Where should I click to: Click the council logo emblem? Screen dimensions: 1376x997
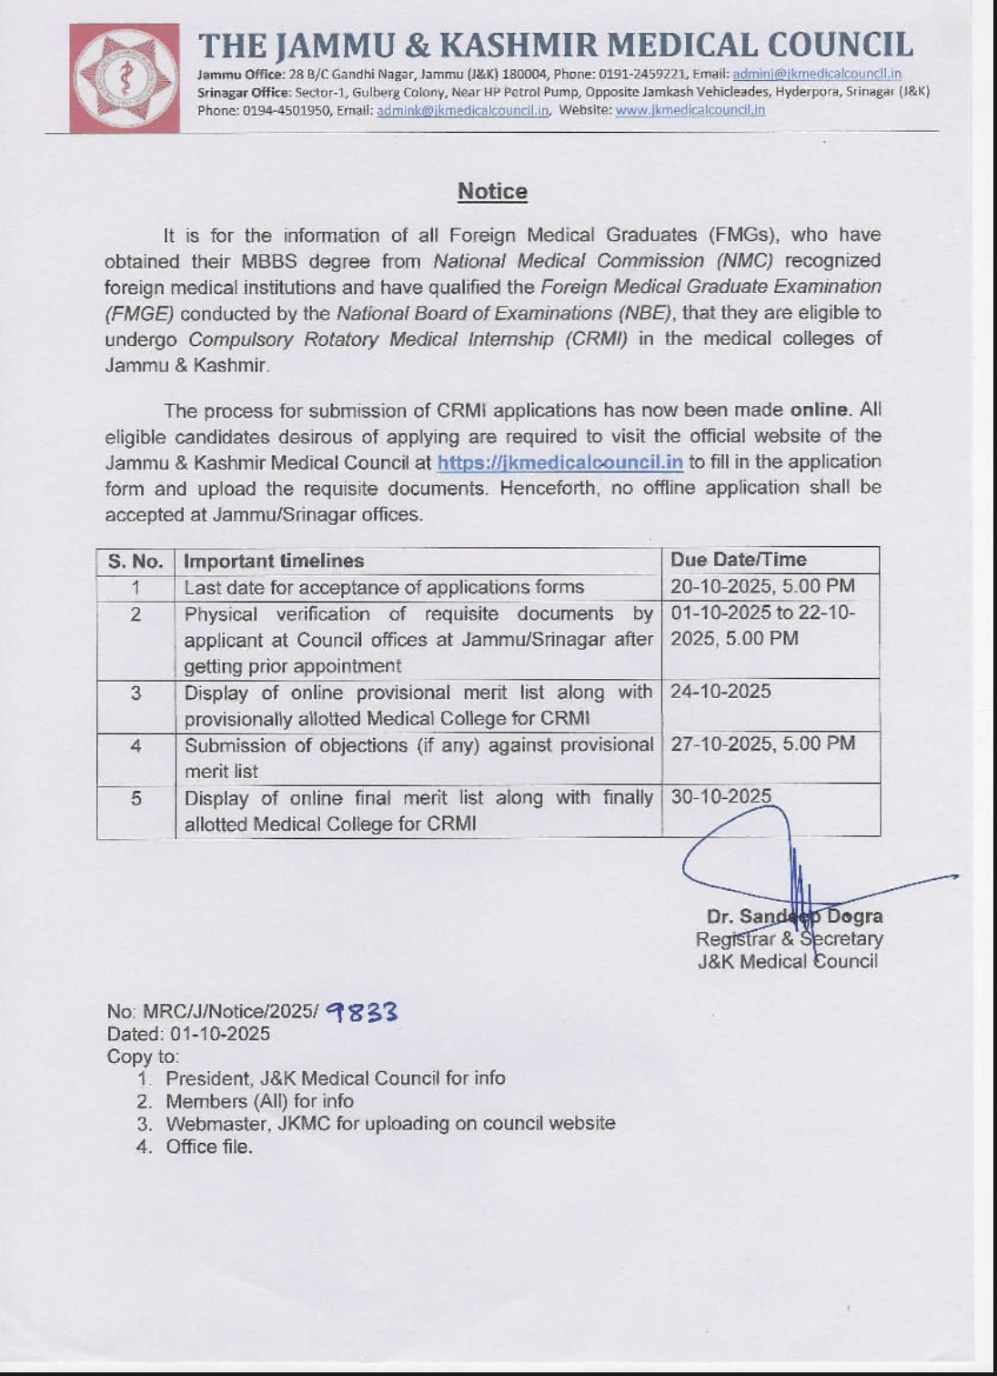[124, 78]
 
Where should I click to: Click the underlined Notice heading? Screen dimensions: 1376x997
[492, 191]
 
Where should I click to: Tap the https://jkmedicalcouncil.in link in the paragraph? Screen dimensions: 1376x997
[559, 462]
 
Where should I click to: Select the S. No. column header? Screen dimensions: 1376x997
[136, 561]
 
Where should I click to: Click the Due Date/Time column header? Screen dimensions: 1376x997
[738, 560]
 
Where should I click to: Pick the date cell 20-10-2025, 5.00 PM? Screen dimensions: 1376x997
[762, 587]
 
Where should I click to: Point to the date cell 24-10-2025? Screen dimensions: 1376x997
[720, 692]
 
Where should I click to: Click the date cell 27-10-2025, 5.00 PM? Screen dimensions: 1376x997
[762, 744]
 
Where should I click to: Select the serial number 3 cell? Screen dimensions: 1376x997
[136, 693]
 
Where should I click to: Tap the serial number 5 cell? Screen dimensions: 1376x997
[136, 799]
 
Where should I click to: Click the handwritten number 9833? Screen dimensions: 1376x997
[362, 1012]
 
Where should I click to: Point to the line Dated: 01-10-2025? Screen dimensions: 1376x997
[188, 1034]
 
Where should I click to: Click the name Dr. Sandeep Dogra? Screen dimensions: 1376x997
[794, 916]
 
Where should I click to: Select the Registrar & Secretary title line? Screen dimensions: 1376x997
[789, 938]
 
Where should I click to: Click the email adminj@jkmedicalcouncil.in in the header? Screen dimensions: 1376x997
[816, 74]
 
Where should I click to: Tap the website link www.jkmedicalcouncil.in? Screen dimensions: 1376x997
[690, 110]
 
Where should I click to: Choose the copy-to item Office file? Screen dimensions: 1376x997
[208, 1147]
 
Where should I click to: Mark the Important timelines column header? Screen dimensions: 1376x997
[274, 561]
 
